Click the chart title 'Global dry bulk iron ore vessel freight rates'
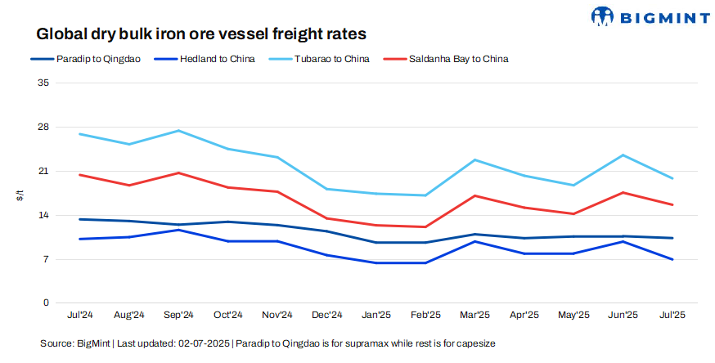(200, 34)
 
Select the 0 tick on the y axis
(47, 303)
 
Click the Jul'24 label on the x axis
(79, 315)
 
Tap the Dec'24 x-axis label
(326, 315)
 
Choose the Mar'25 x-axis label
(475, 315)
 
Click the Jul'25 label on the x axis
(672, 315)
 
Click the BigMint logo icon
(602, 16)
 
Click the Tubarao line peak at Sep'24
(178, 131)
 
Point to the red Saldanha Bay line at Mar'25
(475, 196)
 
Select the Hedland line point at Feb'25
(425, 262)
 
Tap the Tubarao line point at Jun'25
(623, 155)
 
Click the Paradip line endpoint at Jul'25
(672, 238)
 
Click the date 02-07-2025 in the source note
(200, 343)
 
